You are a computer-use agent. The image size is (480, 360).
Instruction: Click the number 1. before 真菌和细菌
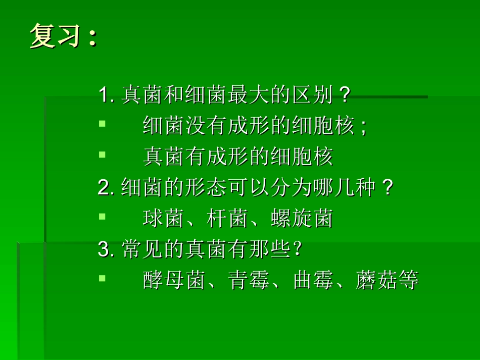coord(107,95)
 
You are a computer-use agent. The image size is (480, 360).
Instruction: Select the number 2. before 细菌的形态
coord(107,188)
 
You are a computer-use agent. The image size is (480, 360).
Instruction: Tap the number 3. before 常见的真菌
coord(107,249)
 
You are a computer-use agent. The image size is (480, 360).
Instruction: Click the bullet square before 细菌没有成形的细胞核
coord(102,123)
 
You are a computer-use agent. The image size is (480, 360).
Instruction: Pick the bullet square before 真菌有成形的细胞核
coord(102,153)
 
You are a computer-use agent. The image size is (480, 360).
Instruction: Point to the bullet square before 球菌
coord(102,216)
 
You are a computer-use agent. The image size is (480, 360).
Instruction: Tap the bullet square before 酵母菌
coord(102,277)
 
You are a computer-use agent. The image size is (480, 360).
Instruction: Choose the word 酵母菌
coord(174,281)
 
